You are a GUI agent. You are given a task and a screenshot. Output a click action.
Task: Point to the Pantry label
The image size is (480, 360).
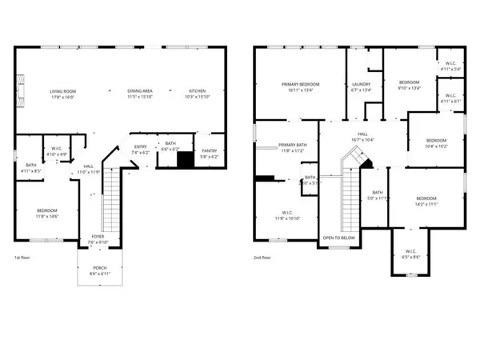point(210,152)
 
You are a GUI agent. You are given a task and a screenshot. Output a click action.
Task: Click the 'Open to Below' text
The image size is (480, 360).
point(338,238)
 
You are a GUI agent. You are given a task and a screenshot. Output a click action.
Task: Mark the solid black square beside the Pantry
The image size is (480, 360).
point(186,159)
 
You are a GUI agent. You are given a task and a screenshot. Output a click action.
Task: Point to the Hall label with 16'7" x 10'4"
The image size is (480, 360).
point(362,137)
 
